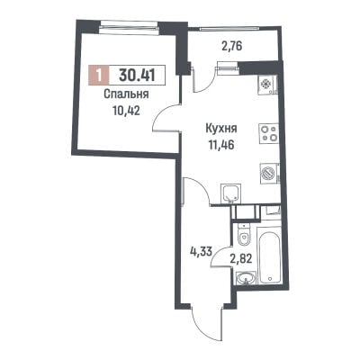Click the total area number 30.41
pos(137,75)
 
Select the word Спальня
pos(126,94)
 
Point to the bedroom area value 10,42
pos(126,112)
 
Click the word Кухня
pos(221,129)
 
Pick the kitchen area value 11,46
pos(221,145)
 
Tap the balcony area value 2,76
pos(229,47)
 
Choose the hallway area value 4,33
pos(202,250)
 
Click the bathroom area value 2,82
pos(240,258)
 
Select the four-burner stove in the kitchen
pos(269,134)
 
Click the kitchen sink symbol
pos(231,193)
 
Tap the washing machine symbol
pos(270,174)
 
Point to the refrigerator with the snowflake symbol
pos(267,84)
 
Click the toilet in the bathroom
pos(244,237)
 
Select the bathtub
pos(270,257)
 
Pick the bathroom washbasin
pos(246,279)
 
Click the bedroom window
pos(130,25)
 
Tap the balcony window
pos(229,29)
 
